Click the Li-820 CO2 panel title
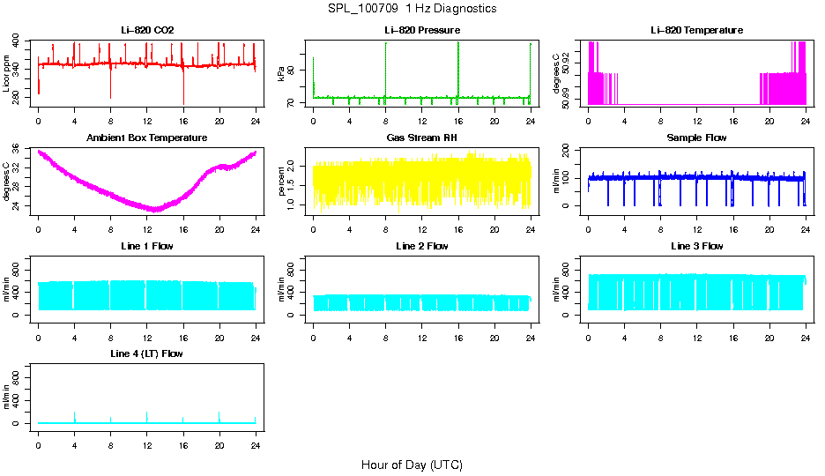(147, 30)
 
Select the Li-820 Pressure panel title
(422, 30)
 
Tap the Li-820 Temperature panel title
(696, 30)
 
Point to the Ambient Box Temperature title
(147, 138)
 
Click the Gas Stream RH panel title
(422, 138)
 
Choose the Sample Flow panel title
(696, 138)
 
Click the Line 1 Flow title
(147, 246)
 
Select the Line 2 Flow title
(422, 246)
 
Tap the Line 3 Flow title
(696, 246)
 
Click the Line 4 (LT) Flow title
(147, 354)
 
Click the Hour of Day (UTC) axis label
(412, 465)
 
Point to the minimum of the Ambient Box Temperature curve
(155, 210)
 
